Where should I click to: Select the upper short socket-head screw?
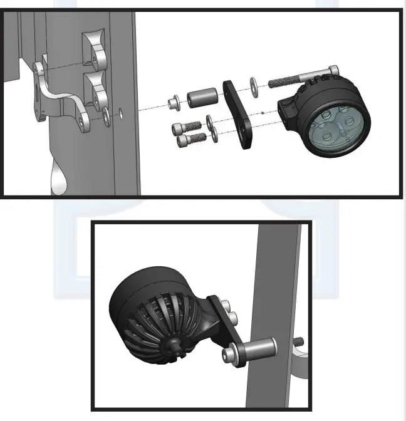pyautogui.click(x=184, y=128)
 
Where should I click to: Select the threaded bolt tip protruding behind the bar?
pyautogui.click(x=299, y=341)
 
